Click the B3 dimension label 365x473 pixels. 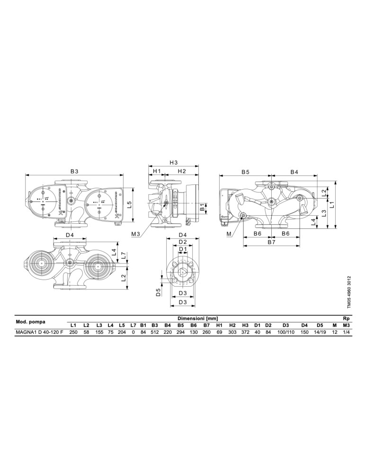click(75, 171)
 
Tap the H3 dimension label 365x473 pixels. click(173, 163)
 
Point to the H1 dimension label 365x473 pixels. click(157, 171)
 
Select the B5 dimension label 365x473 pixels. click(245, 172)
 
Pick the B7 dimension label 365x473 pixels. click(271, 242)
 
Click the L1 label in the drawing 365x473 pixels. click(331, 205)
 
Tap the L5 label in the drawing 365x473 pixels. click(129, 205)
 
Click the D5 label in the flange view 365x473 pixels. click(158, 292)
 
